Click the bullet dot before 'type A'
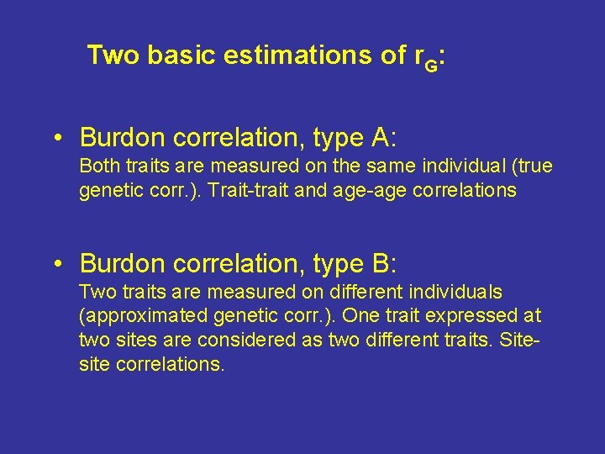pos(57,137)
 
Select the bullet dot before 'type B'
pos(57,264)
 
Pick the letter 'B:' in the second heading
pos(382,263)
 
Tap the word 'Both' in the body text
pos(97,166)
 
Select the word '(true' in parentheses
pos(533,166)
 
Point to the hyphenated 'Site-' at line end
pos(523,341)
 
